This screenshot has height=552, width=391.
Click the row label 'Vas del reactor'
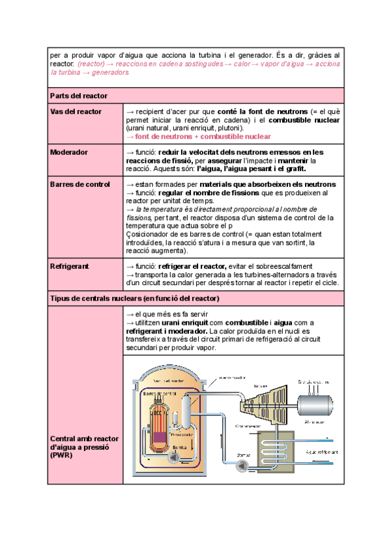[x=76, y=112]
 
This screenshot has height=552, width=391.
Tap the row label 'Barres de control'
[x=80, y=184]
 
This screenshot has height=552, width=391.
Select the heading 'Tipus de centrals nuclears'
[x=134, y=299]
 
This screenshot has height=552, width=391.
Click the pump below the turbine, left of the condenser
[x=243, y=465]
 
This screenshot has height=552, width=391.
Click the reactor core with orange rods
[x=158, y=426]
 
